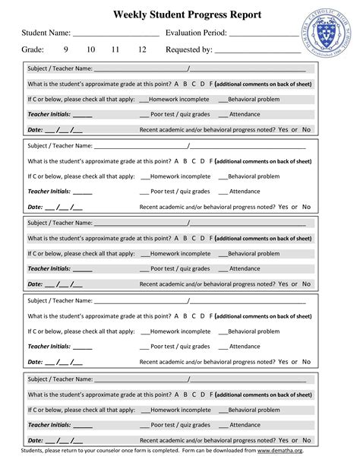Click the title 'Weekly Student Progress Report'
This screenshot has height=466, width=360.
[187, 14]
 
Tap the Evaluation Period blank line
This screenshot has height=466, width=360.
[264, 34]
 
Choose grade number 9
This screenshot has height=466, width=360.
[66, 50]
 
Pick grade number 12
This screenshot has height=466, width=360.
[141, 50]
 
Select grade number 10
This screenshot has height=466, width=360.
[90, 50]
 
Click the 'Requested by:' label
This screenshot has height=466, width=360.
[189, 50]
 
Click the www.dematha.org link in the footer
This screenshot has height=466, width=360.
[285, 451]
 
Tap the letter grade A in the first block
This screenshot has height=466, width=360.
[176, 84]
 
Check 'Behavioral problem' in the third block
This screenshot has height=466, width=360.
[253, 254]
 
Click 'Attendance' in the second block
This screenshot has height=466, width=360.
[245, 192]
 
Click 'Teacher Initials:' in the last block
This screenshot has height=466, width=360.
[49, 425]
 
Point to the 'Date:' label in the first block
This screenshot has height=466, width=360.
[35, 130]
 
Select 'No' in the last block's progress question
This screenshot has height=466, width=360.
[306, 439]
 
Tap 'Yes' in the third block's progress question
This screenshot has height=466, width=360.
[283, 284]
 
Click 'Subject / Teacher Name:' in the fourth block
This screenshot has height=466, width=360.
[60, 300]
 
